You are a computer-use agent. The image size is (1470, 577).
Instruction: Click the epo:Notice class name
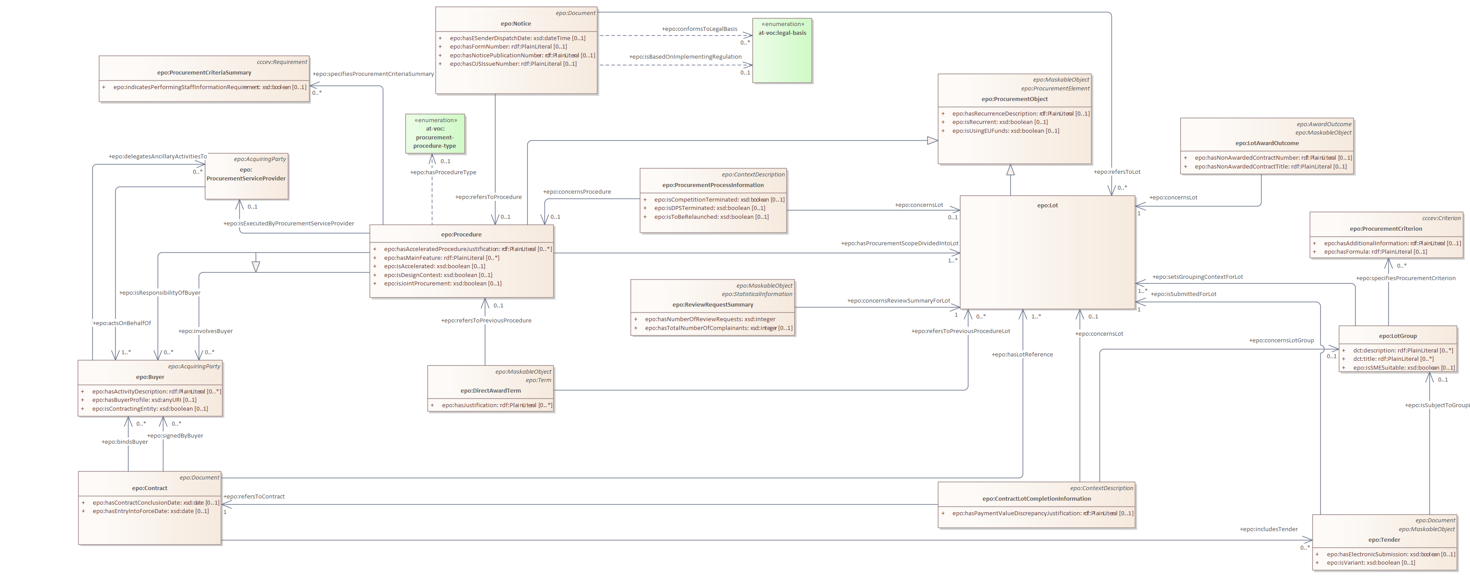pos(515,24)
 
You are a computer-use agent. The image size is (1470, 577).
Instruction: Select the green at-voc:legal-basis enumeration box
pos(782,51)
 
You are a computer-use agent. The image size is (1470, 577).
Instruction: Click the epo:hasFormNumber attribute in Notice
pos(508,47)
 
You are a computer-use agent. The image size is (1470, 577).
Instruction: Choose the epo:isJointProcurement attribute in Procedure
pos(442,283)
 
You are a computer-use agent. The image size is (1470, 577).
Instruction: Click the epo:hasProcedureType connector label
pos(443,172)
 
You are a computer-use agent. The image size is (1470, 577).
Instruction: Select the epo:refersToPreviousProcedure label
pos(486,320)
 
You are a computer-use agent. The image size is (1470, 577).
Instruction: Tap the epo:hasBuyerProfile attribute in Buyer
pos(144,400)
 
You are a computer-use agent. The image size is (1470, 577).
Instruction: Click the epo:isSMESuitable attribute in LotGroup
pos(1403,368)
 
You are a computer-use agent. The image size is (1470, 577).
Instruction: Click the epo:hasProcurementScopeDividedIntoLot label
pos(899,244)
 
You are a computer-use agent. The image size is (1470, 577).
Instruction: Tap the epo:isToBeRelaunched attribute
pos(711,217)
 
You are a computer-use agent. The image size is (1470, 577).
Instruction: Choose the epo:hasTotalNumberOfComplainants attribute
pos(718,328)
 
